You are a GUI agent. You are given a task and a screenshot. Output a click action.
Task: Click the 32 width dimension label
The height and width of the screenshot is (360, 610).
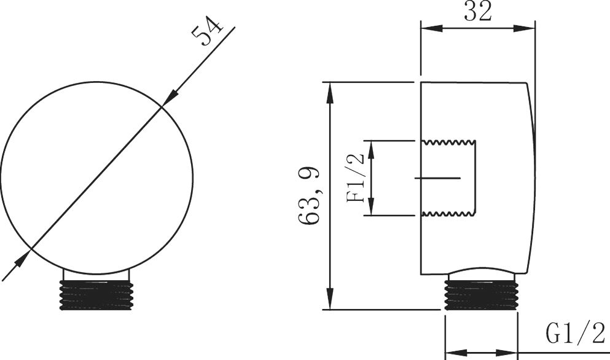click(478, 12)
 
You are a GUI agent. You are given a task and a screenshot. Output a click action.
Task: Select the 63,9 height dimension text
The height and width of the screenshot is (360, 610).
click(310, 195)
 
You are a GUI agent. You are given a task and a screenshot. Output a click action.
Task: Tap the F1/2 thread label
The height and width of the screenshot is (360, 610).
click(356, 178)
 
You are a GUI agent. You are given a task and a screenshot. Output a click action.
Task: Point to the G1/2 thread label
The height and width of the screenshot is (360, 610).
click(576, 333)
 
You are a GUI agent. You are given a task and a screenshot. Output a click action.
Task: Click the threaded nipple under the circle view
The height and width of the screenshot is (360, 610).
click(96, 295)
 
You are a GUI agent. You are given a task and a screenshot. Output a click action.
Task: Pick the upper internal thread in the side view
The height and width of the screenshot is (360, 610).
click(448, 142)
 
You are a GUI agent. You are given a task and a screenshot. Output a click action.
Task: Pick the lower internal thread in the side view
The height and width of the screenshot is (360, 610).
click(448, 213)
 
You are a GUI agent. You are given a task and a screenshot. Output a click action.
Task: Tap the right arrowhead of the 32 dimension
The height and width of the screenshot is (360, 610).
click(525, 28)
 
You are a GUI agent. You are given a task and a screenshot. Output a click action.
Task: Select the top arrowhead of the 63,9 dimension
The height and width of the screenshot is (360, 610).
click(330, 93)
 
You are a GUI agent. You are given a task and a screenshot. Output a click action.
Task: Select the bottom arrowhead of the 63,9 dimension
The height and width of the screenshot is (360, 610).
click(330, 299)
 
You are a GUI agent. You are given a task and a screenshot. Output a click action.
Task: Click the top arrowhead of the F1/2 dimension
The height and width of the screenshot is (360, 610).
click(372, 150)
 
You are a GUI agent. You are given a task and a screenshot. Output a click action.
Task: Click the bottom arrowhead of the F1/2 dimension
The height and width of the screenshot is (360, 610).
click(372, 206)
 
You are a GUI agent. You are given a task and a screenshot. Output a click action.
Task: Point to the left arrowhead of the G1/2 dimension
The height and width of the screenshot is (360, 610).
click(456, 353)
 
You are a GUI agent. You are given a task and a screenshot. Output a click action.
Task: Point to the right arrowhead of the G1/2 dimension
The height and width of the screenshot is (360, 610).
click(507, 353)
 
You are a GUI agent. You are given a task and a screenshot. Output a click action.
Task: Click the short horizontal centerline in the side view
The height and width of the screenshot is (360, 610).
click(437, 178)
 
